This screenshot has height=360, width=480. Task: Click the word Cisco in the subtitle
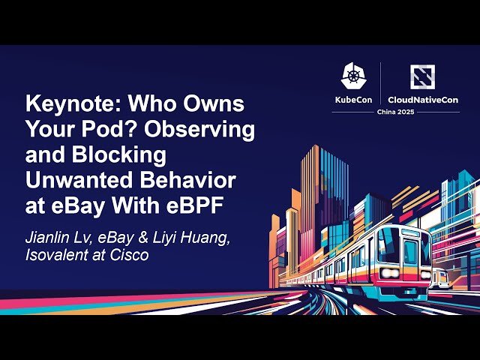[x=130, y=255]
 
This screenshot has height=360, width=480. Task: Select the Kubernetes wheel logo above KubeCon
[x=354, y=76]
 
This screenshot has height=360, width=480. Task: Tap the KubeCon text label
[x=354, y=99]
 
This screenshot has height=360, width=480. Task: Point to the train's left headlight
[x=388, y=273]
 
